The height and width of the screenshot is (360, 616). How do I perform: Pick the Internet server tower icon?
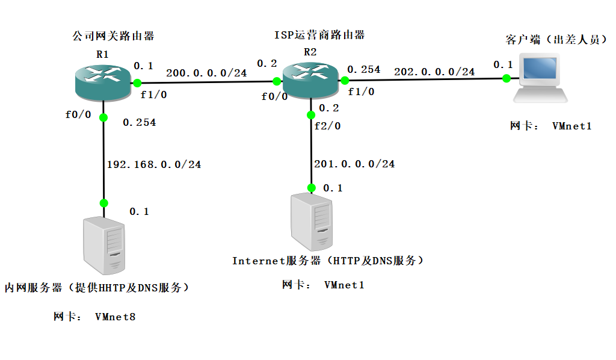311,222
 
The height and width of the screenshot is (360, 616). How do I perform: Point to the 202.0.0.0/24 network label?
434,72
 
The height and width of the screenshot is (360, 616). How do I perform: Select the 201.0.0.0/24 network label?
354,163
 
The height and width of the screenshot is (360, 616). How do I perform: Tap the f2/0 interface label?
327,126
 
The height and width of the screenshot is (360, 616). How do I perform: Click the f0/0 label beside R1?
78,114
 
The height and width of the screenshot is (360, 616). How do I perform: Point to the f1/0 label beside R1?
153,94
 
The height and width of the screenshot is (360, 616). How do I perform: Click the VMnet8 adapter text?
115,316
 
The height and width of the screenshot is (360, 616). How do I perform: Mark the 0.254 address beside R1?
139,122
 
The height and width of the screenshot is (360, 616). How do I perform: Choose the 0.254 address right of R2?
363,69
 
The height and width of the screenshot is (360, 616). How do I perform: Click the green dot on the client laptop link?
507,78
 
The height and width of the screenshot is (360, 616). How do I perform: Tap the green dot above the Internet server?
311,187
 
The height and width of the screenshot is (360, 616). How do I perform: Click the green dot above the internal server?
103,202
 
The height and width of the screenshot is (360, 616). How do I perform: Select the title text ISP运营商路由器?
319,35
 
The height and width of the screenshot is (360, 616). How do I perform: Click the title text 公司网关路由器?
113,36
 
